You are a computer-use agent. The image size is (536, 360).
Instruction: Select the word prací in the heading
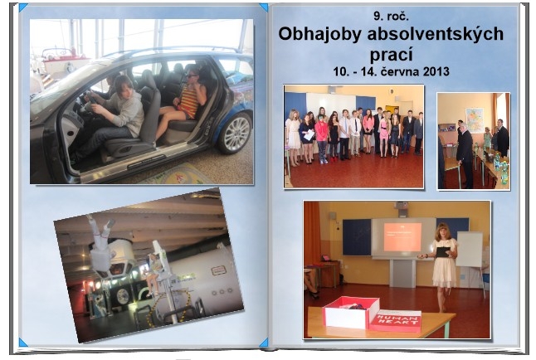391,54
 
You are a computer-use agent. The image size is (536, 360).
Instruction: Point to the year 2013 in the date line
436,71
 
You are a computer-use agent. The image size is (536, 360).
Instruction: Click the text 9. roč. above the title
391,16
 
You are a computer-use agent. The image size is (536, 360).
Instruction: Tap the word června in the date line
399,71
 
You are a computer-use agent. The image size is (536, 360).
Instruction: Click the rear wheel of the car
235,133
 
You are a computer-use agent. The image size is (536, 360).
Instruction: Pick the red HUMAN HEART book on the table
395,320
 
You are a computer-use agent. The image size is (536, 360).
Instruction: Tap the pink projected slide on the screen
402,237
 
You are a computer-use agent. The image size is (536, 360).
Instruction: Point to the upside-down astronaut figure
101,243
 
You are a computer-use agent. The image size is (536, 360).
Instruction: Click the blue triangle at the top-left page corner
23,7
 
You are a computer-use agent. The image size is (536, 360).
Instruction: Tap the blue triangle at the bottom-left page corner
23,343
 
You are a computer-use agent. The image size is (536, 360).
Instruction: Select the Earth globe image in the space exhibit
122,296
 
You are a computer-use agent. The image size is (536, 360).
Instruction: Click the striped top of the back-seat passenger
189,101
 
